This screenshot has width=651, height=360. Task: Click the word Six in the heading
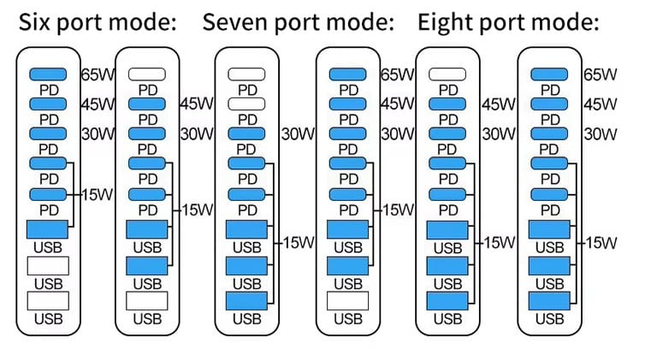pos(35,22)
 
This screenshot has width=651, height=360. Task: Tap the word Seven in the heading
pos(234,22)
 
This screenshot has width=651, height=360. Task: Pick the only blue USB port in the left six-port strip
pos(48,229)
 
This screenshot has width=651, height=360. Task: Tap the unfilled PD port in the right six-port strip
pos(146,74)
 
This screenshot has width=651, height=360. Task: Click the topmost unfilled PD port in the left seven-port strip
pos(247,74)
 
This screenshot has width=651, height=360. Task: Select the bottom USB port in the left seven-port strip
pos(247,301)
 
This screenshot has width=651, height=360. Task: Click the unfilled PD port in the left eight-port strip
pos(447,74)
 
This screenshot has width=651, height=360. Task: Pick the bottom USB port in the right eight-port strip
pos(548,301)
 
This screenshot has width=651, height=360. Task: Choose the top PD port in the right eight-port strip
pos(548,74)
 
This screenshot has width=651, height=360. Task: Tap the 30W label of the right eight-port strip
pos(600,134)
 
